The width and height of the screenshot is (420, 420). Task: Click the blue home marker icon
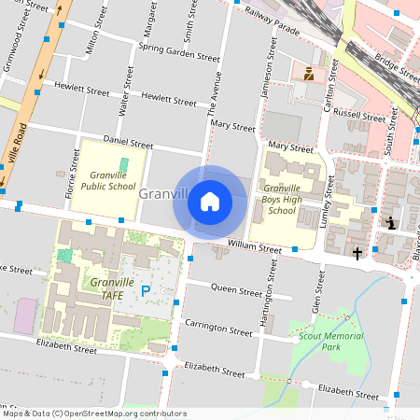[210, 201]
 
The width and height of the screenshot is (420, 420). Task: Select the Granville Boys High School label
[282, 197]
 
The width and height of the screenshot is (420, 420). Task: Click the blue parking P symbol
[145, 291]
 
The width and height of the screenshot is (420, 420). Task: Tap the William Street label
[254, 248]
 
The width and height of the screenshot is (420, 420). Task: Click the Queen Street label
[238, 290]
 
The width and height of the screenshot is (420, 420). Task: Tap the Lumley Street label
[329, 196]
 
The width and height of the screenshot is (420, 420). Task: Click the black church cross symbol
[357, 253]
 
